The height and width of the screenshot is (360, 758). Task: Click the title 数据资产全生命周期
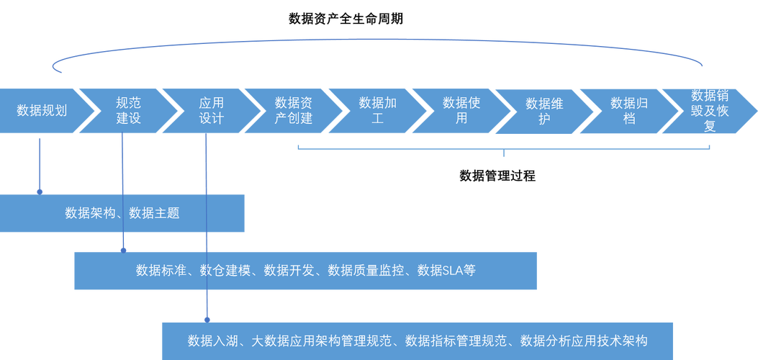click(346, 19)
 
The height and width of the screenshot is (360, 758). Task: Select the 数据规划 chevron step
click(42, 110)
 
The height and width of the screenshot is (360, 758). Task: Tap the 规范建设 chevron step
click(128, 110)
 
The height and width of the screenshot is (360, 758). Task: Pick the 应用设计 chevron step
click(212, 110)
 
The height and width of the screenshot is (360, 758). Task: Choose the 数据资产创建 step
click(294, 110)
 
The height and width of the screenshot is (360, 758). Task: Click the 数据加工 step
click(377, 110)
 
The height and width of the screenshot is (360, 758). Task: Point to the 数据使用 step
click(461, 110)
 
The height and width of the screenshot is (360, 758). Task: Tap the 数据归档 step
click(629, 110)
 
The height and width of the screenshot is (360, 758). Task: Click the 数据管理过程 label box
click(497, 176)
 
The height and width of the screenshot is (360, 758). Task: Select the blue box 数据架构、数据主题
click(122, 213)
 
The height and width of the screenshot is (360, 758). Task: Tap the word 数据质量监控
click(359, 271)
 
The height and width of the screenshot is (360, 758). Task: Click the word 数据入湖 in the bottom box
click(209, 340)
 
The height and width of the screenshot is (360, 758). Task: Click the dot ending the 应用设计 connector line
click(207, 318)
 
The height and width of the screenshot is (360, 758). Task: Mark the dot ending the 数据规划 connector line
click(40, 191)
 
